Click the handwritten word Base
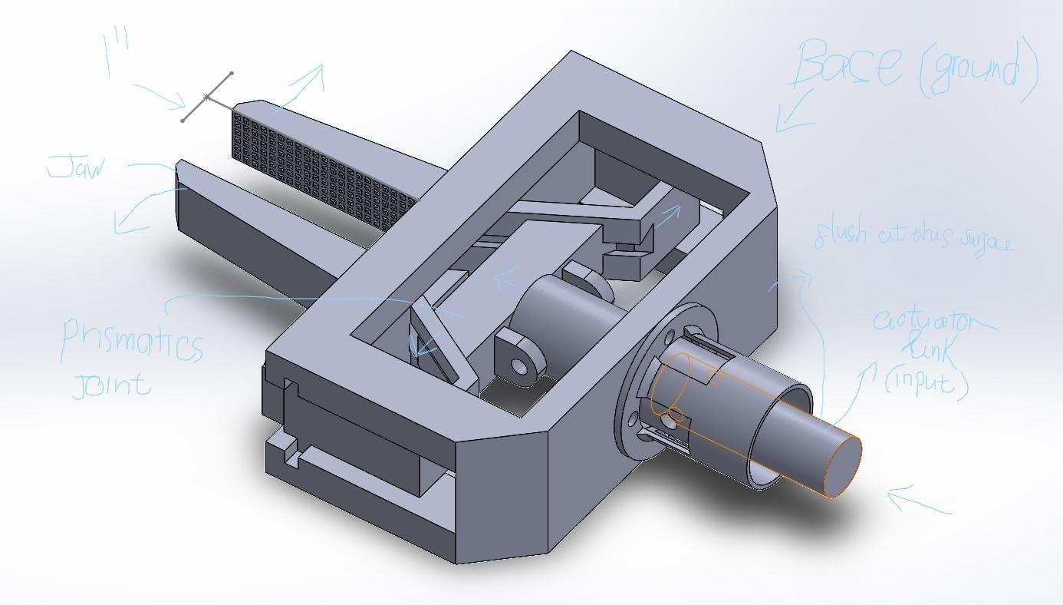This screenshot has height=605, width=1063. (848, 65)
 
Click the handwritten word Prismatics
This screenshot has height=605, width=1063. (132, 341)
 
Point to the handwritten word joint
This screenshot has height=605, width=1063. (111, 382)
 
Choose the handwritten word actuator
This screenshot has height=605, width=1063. (932, 321)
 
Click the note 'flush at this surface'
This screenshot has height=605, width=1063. (913, 236)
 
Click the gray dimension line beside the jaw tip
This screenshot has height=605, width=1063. (207, 97)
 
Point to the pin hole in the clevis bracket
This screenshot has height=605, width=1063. (521, 364)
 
